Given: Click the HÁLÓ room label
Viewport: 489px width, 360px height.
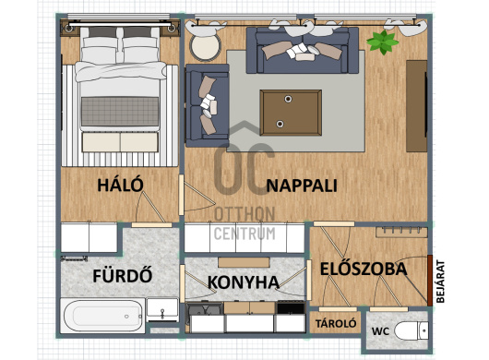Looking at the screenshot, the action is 120,185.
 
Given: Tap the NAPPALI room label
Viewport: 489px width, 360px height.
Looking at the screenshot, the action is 302,186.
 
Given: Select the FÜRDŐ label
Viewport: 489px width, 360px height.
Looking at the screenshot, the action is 123,275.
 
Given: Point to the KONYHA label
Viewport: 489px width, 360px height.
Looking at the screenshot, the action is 244,282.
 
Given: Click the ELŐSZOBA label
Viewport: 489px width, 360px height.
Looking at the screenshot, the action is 364,270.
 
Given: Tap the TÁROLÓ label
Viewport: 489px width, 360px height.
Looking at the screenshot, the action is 336,323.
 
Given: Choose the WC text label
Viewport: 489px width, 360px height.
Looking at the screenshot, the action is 380,331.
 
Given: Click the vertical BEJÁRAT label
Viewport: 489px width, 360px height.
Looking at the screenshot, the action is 440,282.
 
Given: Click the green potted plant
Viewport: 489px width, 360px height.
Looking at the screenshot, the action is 382,42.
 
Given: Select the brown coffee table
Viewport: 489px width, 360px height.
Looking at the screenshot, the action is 291,113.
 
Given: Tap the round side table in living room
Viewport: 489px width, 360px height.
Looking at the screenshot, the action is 205,47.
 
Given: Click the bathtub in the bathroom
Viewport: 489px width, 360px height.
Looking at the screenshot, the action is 102,316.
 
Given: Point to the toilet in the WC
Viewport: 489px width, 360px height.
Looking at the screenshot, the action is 411,330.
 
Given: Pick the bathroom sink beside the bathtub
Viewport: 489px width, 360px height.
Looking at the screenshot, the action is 162,310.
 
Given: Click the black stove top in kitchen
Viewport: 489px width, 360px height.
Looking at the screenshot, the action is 291,308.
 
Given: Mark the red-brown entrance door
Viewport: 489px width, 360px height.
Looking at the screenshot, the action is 430,281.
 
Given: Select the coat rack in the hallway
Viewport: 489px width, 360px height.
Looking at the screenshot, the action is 401,232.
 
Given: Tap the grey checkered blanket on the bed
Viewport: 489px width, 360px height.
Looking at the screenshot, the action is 120,112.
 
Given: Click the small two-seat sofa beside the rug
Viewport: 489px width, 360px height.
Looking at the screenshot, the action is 207,105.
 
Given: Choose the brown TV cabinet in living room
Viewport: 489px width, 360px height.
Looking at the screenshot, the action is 417,106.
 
